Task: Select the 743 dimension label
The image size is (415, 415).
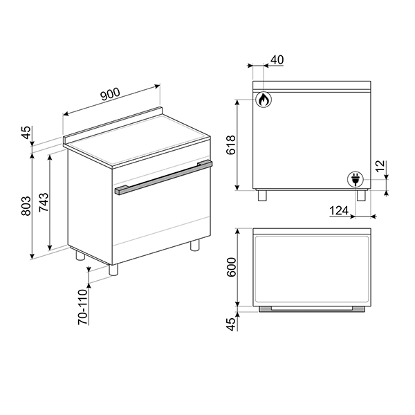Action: point(43,201)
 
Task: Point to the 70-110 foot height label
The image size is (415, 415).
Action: point(82,307)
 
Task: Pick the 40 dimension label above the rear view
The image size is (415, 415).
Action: point(277,59)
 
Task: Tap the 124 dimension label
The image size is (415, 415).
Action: point(338,211)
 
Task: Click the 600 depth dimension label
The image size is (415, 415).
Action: point(232,267)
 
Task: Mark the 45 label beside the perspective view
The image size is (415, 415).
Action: point(26,133)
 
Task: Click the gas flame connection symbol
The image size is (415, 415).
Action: point(263,100)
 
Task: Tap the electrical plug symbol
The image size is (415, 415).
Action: point(356,180)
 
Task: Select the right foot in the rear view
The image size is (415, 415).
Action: point(361,195)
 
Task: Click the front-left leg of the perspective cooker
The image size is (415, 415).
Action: point(114,270)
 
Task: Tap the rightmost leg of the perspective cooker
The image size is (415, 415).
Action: point(196,245)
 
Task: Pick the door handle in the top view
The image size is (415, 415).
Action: point(311,309)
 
